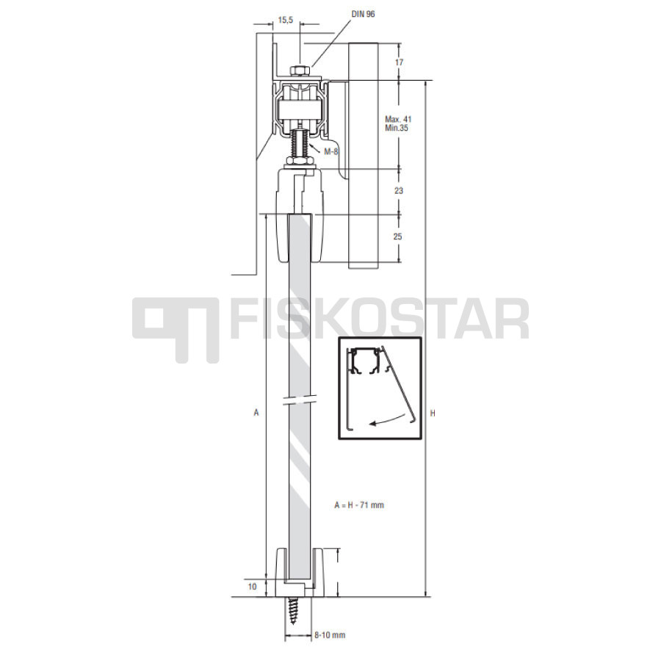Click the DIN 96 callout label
(363, 14)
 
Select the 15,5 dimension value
(286, 20)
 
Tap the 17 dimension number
(399, 62)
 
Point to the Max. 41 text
(398, 119)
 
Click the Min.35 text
(397, 128)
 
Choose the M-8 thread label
(331, 152)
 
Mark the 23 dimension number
(399, 190)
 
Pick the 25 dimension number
(398, 236)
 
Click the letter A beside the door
(256, 412)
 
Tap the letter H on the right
(433, 413)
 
